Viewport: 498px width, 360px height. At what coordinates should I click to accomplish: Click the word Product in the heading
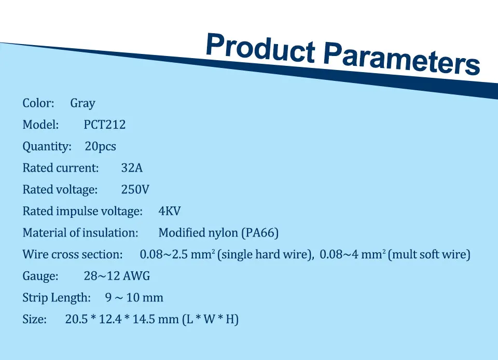[x=260, y=48]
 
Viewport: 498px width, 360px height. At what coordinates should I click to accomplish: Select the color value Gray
[x=82, y=104]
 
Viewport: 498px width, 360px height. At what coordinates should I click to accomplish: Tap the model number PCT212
[x=104, y=124]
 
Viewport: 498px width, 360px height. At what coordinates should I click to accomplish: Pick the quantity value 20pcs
[x=100, y=146]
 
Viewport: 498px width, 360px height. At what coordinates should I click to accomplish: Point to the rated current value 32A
[x=132, y=168]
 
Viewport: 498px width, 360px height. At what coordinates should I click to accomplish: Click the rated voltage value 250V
[x=135, y=189]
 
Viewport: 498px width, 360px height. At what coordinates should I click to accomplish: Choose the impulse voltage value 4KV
[x=170, y=211]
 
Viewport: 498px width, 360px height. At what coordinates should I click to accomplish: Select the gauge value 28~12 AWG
[x=117, y=276]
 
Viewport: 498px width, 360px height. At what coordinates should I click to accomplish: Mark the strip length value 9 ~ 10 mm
[x=134, y=297]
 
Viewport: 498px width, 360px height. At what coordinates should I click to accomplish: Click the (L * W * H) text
[x=210, y=320]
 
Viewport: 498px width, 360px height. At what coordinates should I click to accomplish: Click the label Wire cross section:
[x=73, y=254]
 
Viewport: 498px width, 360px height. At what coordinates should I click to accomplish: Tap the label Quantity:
[x=47, y=146]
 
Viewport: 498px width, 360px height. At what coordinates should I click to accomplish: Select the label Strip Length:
[x=57, y=298]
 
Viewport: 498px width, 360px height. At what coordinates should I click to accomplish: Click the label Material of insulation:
[x=80, y=233]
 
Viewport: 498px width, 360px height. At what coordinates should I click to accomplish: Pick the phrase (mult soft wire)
[x=429, y=255]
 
